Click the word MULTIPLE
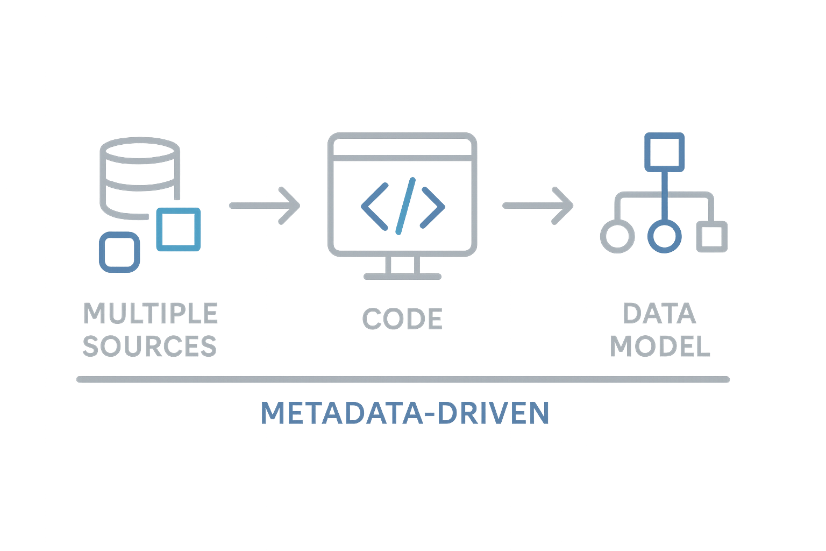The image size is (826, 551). point(151,313)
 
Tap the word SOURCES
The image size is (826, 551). point(149,346)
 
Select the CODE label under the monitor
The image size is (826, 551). point(402,319)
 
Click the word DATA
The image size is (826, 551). point(659,314)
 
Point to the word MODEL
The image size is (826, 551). point(660,347)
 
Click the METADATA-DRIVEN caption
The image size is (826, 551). point(405,413)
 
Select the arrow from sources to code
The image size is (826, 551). point(265,206)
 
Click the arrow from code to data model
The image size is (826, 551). point(538,206)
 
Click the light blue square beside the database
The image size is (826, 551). point(179,229)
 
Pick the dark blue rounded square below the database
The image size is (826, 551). point(119,252)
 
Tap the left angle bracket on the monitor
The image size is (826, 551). point(374,206)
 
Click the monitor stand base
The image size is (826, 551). point(402,277)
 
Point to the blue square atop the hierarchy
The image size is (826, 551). point(664,151)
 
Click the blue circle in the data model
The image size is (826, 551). point(664,236)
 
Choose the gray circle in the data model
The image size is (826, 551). point(617,236)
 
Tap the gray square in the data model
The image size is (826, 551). point(712,236)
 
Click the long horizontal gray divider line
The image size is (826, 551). point(403,379)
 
